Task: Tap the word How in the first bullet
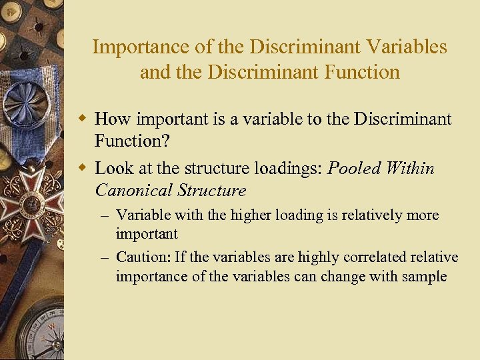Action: tap(112, 119)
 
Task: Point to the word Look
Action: tap(114, 169)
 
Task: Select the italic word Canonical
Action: tap(134, 191)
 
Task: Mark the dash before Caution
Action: tap(107, 257)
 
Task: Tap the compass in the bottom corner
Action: tap(40, 333)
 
